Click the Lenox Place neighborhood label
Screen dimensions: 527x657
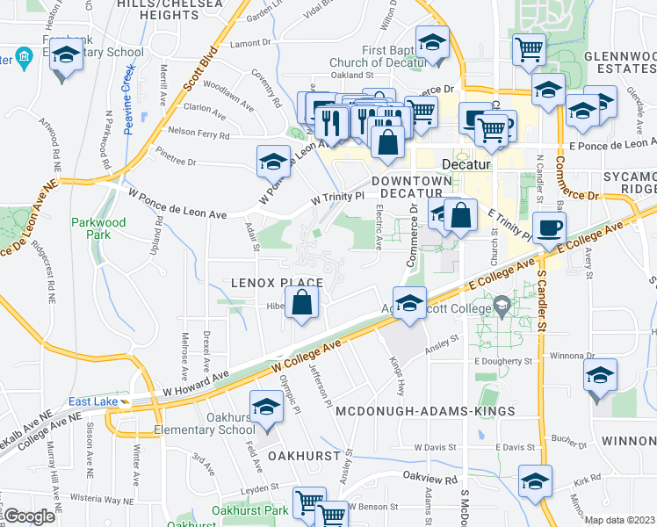point(277,283)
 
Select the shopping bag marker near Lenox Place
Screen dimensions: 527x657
point(301,303)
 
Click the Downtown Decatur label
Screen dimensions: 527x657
point(411,181)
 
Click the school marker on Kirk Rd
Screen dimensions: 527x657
point(534,481)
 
